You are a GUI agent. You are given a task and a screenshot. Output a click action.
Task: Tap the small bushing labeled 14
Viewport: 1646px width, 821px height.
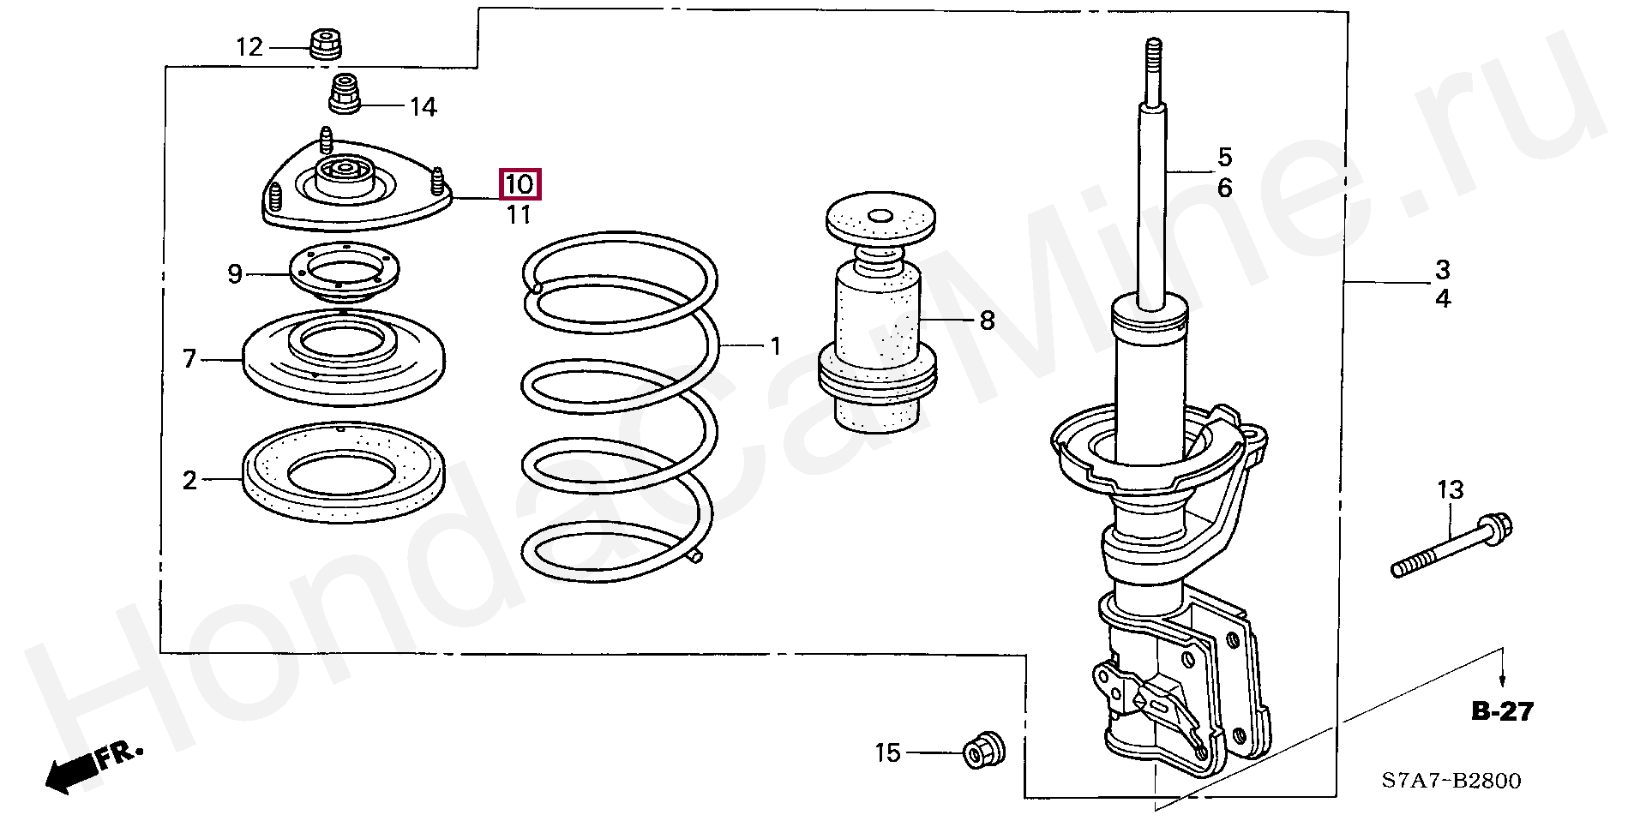click(345, 96)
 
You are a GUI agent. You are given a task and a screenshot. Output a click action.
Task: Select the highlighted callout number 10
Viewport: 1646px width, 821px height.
click(520, 184)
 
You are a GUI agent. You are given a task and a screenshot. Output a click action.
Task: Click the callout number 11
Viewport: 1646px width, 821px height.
click(519, 215)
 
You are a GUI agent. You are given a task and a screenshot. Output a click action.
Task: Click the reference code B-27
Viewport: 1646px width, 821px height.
click(1502, 711)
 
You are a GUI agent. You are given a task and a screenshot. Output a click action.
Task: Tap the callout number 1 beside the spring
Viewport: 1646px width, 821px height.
click(776, 346)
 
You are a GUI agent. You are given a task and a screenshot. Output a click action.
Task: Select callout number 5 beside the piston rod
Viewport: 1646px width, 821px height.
click(1225, 158)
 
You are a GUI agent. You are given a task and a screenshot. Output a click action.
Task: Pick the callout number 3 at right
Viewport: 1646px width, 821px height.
click(1443, 270)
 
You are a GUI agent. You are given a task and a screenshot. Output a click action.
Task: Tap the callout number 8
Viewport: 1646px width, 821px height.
click(987, 321)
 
